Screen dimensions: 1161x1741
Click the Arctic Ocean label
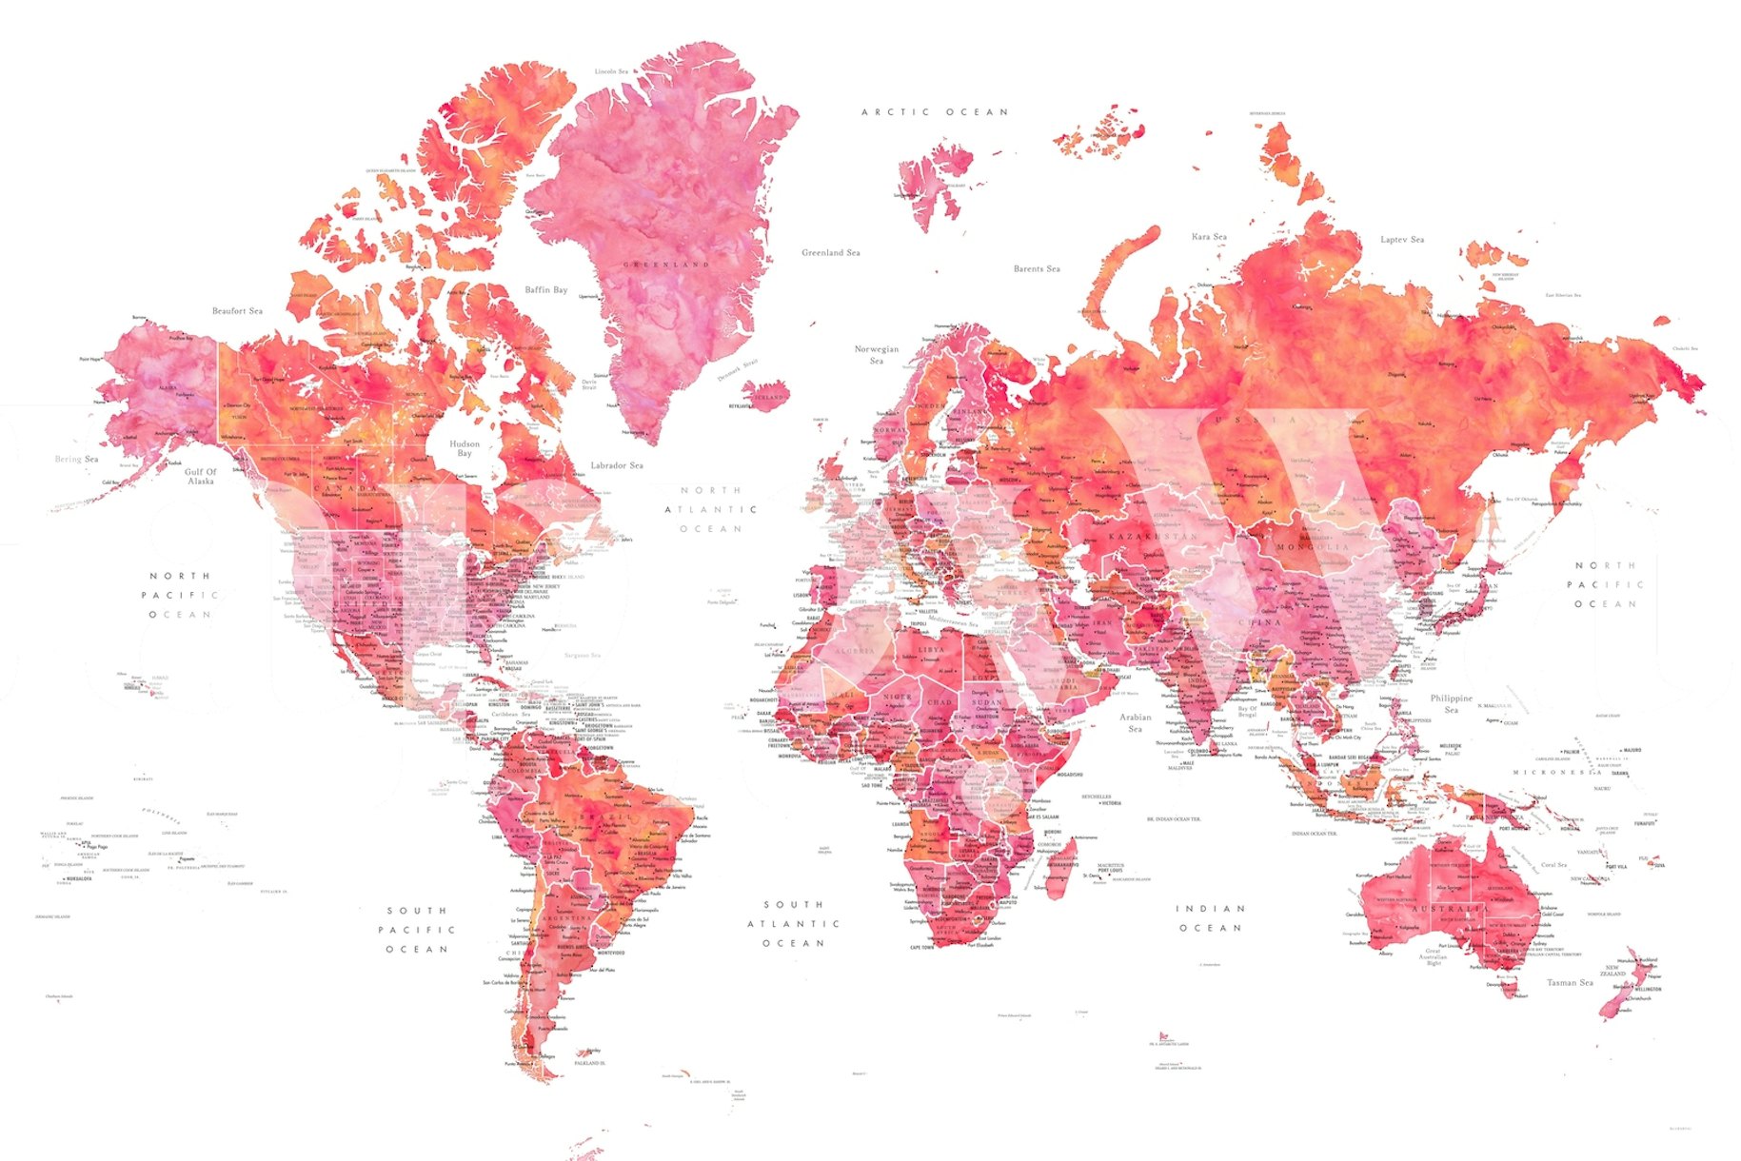coord(934,112)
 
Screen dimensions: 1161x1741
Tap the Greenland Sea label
coord(830,253)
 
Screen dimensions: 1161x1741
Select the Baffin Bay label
coord(545,289)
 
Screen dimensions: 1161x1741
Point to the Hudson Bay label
coord(465,448)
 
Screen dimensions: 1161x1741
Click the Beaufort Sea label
coord(237,311)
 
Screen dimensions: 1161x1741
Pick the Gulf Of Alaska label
coord(200,477)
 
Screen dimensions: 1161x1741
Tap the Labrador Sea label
coord(616,465)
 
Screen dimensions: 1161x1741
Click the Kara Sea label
coord(1209,237)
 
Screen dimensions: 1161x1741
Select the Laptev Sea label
coord(1402,240)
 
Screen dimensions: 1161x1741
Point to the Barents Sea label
coord(1037,269)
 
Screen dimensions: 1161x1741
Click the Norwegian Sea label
coord(876,355)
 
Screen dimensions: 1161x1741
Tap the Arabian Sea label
coord(1135,722)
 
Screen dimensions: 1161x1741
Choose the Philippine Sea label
coord(1451,703)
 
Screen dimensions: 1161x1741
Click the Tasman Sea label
coord(1570,982)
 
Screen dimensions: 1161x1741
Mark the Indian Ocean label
coord(1210,918)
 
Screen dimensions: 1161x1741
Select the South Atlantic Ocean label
coord(793,924)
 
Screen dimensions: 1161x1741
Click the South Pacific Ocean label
coord(417,930)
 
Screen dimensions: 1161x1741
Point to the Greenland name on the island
coord(666,265)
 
